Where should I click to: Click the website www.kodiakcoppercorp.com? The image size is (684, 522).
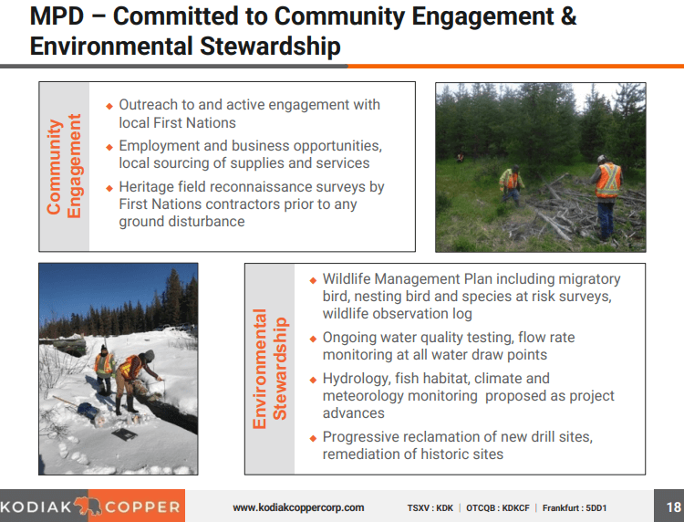298,507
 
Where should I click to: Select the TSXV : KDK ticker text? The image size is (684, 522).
430,507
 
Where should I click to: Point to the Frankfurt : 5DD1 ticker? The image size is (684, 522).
575,507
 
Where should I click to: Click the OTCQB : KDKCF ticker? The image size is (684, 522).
498,507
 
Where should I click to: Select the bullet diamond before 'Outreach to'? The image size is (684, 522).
109,106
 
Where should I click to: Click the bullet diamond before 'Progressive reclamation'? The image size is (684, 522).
314,438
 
